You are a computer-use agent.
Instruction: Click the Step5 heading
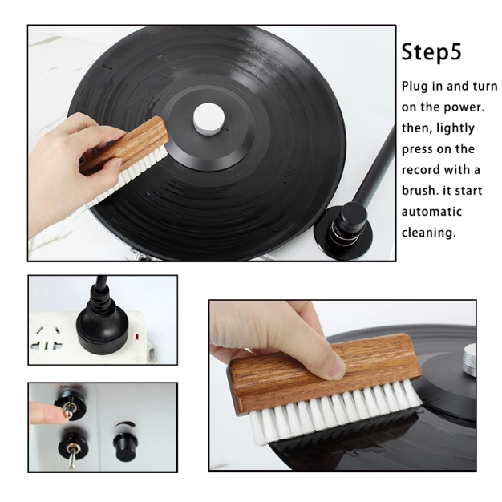(x=431, y=52)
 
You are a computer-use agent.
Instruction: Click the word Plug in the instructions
(x=415, y=87)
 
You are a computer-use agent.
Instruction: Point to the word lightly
(x=455, y=128)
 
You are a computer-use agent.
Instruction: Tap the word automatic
(x=431, y=212)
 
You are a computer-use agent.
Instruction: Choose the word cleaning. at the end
(x=428, y=233)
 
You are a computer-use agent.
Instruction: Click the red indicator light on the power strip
(x=136, y=336)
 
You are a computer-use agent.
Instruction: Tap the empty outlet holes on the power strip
(x=47, y=338)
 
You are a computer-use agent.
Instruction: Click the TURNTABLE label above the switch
(x=71, y=387)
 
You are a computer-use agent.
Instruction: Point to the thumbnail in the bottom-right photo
(x=335, y=368)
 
